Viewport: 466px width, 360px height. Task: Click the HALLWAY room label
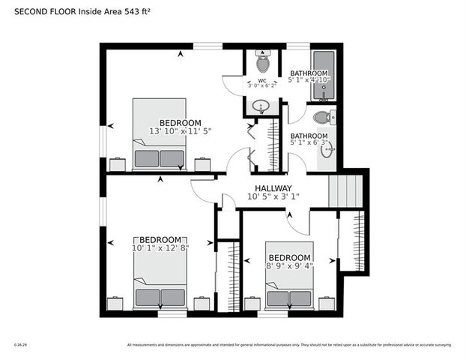pos(272,188)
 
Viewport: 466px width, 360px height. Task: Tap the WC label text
pos(262,80)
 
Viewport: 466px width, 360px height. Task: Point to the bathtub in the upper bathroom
pos(323,76)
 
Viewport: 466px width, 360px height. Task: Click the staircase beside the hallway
pos(345,190)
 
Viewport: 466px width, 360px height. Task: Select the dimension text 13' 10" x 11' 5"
pos(180,131)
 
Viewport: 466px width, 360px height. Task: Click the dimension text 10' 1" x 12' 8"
pos(160,247)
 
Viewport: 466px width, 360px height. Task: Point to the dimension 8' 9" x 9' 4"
pos(289,265)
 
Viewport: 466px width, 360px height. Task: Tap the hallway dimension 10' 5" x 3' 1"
pos(273,198)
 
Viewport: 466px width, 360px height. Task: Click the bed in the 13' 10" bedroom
pos(159,134)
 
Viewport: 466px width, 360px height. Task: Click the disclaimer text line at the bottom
pos(289,345)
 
